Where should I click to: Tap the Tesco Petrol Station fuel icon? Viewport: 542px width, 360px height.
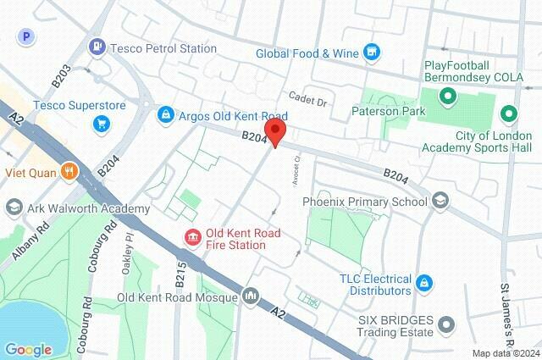tap(97, 47)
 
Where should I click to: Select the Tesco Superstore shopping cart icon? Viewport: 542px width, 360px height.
tap(102, 125)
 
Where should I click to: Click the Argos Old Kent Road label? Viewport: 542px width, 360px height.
tap(234, 115)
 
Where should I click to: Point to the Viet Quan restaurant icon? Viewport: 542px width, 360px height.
tap(69, 172)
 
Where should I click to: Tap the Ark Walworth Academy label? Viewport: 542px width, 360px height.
tap(88, 208)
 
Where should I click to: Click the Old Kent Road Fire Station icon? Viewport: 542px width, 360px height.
tap(193, 239)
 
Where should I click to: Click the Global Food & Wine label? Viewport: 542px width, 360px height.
tap(307, 53)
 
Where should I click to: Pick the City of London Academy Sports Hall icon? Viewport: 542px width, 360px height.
tap(508, 112)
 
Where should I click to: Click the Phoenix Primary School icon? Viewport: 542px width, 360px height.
tap(440, 202)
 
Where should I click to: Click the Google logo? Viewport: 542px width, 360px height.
tap(28, 349)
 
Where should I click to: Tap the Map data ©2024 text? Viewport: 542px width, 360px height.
tap(506, 353)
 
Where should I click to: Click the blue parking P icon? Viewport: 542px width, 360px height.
tap(28, 36)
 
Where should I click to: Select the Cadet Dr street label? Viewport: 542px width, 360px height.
tap(307, 99)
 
